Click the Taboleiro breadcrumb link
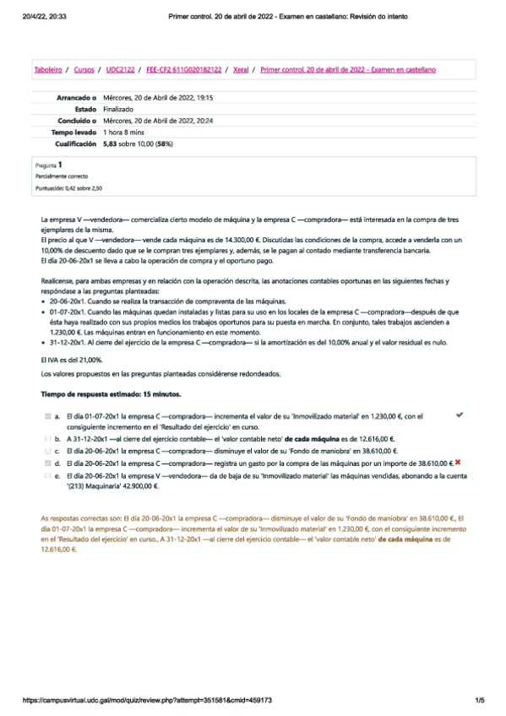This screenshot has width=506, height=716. coord(47,69)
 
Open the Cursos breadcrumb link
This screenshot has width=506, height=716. coord(84,69)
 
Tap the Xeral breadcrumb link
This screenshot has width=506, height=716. coord(241,69)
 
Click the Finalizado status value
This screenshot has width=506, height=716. coord(118,110)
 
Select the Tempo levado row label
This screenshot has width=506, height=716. coord(74,133)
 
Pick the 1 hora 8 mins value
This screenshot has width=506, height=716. coord(124,133)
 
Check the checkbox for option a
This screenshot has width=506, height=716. coord(47,416)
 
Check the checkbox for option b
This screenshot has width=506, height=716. coord(47,439)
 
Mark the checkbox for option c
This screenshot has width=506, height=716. coord(47,451)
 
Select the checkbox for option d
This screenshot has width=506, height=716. coord(47,463)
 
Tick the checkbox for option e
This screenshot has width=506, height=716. coord(47,475)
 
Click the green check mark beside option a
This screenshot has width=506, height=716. coord(459,415)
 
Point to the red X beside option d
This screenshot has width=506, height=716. coord(457,463)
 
